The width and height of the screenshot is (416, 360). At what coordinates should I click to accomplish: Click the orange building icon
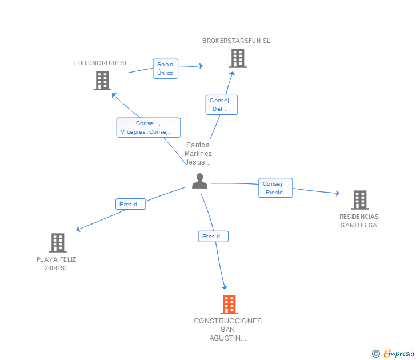tap(229, 305)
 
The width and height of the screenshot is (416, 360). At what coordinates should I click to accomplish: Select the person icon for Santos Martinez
tap(200, 181)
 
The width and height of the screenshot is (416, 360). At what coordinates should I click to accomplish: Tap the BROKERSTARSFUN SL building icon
tap(238, 58)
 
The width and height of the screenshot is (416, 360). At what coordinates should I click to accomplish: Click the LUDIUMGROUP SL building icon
tap(102, 81)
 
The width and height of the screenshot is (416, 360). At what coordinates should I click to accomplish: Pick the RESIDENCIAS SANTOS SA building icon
tap(360, 200)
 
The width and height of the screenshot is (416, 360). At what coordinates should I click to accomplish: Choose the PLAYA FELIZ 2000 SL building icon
tap(58, 243)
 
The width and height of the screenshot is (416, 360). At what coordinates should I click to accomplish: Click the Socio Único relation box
tap(165, 69)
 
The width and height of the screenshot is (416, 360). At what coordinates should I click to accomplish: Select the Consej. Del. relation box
tap(222, 105)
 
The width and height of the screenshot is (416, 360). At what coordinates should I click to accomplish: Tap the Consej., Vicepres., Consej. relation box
tap(149, 127)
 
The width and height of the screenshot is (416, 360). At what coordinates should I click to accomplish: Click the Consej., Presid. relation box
tap(275, 188)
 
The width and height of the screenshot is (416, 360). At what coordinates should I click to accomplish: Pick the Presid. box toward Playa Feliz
tap(130, 204)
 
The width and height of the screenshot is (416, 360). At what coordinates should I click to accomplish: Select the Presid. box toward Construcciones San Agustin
tap(213, 237)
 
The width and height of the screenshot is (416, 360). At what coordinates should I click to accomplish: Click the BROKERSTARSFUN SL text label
tap(236, 41)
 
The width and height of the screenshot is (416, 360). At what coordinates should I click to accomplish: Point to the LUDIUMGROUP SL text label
tap(101, 63)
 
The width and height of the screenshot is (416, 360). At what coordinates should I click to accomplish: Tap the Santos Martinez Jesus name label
tap(198, 154)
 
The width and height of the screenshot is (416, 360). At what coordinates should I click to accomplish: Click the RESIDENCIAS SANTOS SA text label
tap(359, 221)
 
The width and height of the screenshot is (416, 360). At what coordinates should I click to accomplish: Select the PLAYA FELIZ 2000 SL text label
tap(56, 263)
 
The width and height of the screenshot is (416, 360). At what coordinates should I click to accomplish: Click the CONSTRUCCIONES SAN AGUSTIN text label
tap(227, 330)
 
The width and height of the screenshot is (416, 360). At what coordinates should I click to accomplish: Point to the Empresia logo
tap(393, 353)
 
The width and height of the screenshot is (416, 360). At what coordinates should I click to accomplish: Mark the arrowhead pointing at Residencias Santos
tap(338, 193)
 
